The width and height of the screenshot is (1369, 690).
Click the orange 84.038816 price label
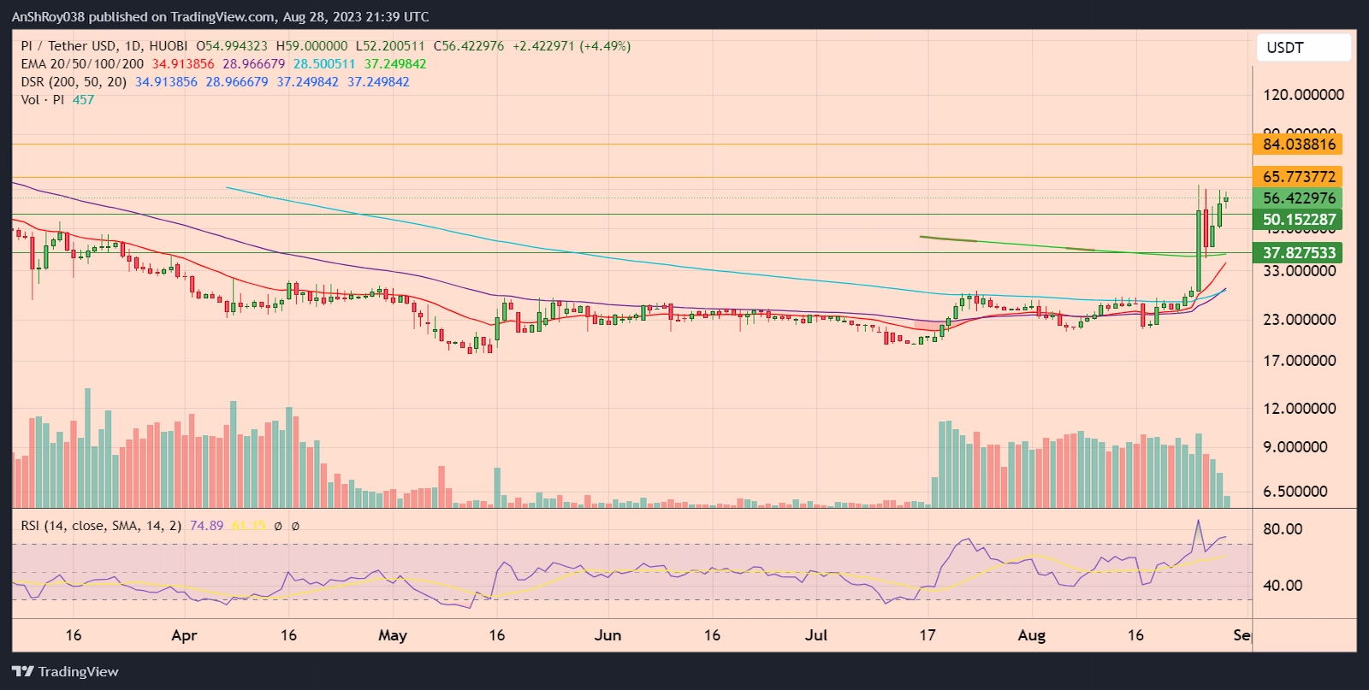click(x=1298, y=144)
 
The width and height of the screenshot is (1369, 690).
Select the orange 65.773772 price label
click(x=1298, y=177)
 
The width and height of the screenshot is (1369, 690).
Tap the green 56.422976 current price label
click(x=1298, y=198)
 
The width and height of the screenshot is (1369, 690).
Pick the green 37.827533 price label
click(x=1298, y=253)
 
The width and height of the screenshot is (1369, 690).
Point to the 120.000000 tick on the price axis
click(x=1303, y=95)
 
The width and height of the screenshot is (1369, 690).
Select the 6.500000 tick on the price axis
click(x=1295, y=492)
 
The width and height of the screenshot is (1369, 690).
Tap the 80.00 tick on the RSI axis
click(x=1283, y=529)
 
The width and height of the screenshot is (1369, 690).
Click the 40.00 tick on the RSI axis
click(x=1283, y=586)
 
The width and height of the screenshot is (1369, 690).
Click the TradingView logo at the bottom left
click(x=65, y=672)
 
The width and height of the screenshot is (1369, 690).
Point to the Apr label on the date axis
click(x=184, y=635)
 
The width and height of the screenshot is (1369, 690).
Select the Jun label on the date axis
click(x=607, y=635)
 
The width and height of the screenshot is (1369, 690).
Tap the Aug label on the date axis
click(x=1032, y=635)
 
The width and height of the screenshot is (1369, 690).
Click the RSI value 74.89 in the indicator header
click(x=206, y=526)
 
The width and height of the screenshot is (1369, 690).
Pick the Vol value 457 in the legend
click(x=83, y=100)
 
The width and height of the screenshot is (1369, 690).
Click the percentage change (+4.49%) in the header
click(x=605, y=46)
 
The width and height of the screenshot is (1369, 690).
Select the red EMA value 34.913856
click(x=183, y=64)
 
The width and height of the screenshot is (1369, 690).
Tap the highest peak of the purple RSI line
click(x=1198, y=520)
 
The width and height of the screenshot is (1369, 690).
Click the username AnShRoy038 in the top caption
click(x=49, y=17)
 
